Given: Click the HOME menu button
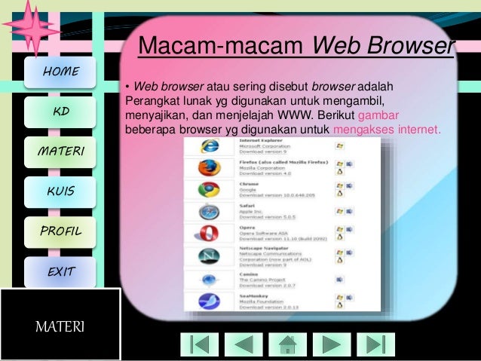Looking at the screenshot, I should coord(60,72).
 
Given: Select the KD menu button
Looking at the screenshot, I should coord(60,112).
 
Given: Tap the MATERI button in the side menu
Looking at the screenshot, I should coord(60,152).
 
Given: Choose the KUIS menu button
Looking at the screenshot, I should coord(60,191).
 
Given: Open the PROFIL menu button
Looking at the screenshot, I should coord(60,231).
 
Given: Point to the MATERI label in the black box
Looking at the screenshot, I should coord(60,327).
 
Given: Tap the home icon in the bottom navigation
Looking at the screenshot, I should coord(288,344).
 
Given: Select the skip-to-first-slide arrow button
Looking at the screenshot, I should coord(199,344).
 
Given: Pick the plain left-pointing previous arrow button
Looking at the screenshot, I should coord(244,344).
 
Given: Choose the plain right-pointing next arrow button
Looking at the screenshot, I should coord(332,344).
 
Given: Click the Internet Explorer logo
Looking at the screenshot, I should coord(209,145).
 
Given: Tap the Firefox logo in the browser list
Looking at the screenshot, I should coord(209,167).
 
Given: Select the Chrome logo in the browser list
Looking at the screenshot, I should coord(209,189).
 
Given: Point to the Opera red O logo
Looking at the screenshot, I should coord(209,234).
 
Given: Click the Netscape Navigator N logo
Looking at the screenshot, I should coord(209,256).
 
